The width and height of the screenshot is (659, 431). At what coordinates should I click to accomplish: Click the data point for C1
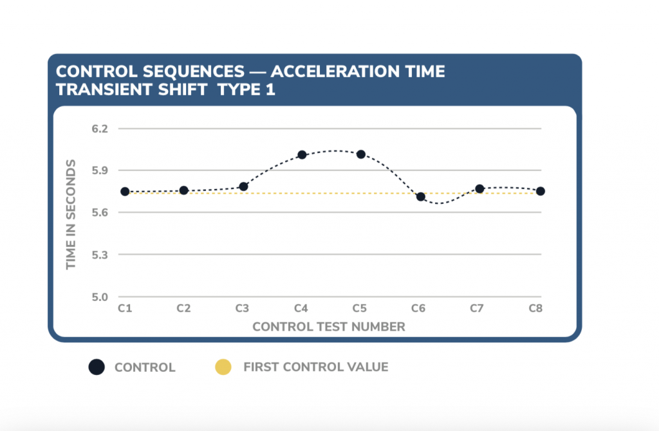(125, 192)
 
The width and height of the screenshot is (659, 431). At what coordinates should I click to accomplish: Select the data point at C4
(302, 154)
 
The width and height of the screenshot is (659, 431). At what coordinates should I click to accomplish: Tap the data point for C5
(361, 154)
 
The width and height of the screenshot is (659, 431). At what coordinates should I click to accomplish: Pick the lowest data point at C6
(421, 197)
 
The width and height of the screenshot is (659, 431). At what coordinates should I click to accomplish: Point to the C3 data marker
(243, 187)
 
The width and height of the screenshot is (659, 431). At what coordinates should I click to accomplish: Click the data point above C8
(541, 191)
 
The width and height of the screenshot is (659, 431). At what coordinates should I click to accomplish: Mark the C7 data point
(479, 188)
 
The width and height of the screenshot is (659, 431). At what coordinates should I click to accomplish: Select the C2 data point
(183, 190)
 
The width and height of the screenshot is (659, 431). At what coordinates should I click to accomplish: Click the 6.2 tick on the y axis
(99, 129)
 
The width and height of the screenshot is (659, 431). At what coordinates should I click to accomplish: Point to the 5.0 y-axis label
(99, 297)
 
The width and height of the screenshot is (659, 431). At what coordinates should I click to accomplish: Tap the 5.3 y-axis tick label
(99, 255)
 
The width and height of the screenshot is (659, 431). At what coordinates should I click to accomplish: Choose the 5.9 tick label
(99, 170)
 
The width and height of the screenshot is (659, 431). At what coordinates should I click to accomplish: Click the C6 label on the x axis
(418, 309)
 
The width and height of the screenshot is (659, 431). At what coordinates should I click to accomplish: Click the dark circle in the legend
(97, 367)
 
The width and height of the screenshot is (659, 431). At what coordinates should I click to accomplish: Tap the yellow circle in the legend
(222, 367)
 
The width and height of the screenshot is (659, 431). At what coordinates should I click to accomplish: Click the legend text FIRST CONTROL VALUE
(315, 367)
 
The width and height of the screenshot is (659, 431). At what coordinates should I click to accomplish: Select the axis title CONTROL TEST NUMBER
(329, 327)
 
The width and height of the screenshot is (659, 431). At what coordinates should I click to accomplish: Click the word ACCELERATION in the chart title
(329, 71)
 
